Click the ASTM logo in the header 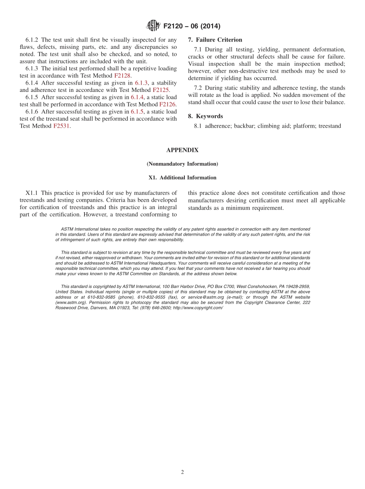(153, 26)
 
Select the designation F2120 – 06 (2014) (192, 26)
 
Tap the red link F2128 (122, 76)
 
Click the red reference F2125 (161, 90)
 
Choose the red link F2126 (168, 104)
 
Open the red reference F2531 (61, 126)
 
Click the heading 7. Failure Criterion (215, 40)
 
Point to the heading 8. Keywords (205, 116)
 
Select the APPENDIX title (182, 150)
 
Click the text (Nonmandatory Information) (182, 164)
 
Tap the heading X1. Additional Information (182, 178)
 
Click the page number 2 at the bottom (182, 472)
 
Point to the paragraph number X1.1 (32, 193)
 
